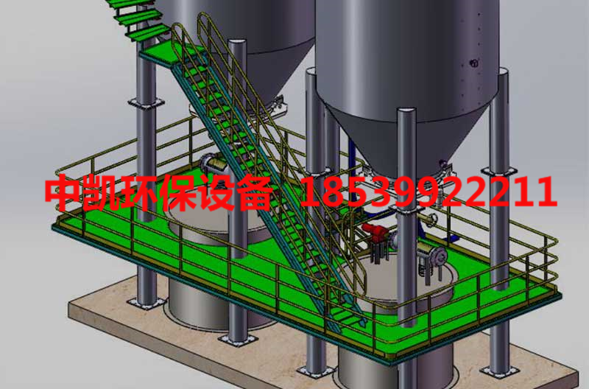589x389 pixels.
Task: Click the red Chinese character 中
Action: pyautogui.click(x=63, y=192)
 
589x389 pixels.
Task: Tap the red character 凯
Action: pyautogui.click(x=102, y=192)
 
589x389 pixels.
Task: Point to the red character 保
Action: pyautogui.click(x=177, y=192)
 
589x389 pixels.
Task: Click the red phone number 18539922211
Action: pyautogui.click(x=428, y=192)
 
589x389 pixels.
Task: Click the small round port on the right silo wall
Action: pyautogui.click(x=474, y=63)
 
